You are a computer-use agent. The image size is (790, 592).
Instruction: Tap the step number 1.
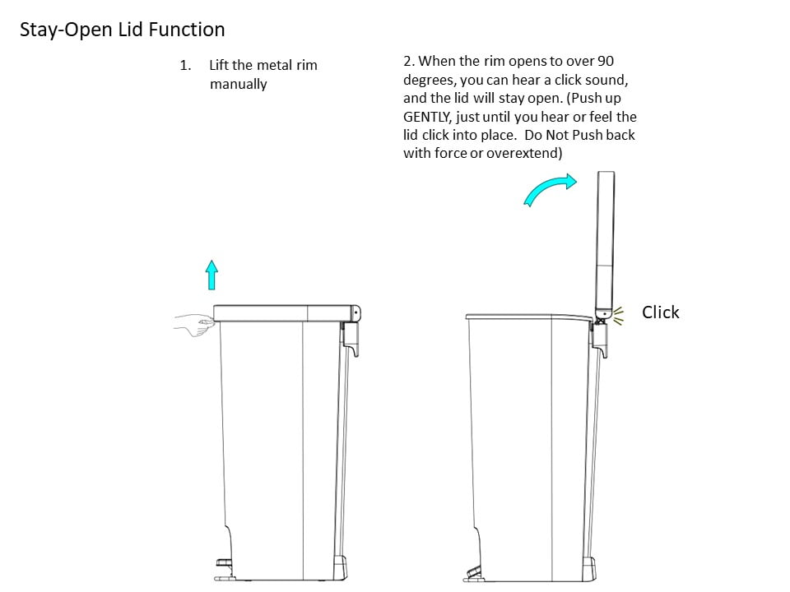pos(185,66)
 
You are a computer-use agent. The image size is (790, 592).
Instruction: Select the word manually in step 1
pos(239,84)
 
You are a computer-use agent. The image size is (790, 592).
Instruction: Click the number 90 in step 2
pos(606,61)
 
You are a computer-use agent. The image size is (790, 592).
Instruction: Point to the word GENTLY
pos(427,117)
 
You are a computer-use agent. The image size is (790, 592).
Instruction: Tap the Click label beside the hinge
pos(661,312)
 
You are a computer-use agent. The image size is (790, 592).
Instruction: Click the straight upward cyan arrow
pos(212,275)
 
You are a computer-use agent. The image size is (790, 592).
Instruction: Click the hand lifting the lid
pos(194,325)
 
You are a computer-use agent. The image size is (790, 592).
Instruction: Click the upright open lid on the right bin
pos(605,245)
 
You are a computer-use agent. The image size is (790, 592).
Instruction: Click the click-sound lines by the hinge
pos(618,316)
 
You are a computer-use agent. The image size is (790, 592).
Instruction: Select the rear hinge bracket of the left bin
pos(351,339)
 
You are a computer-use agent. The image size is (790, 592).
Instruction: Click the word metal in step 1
pos(274,66)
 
